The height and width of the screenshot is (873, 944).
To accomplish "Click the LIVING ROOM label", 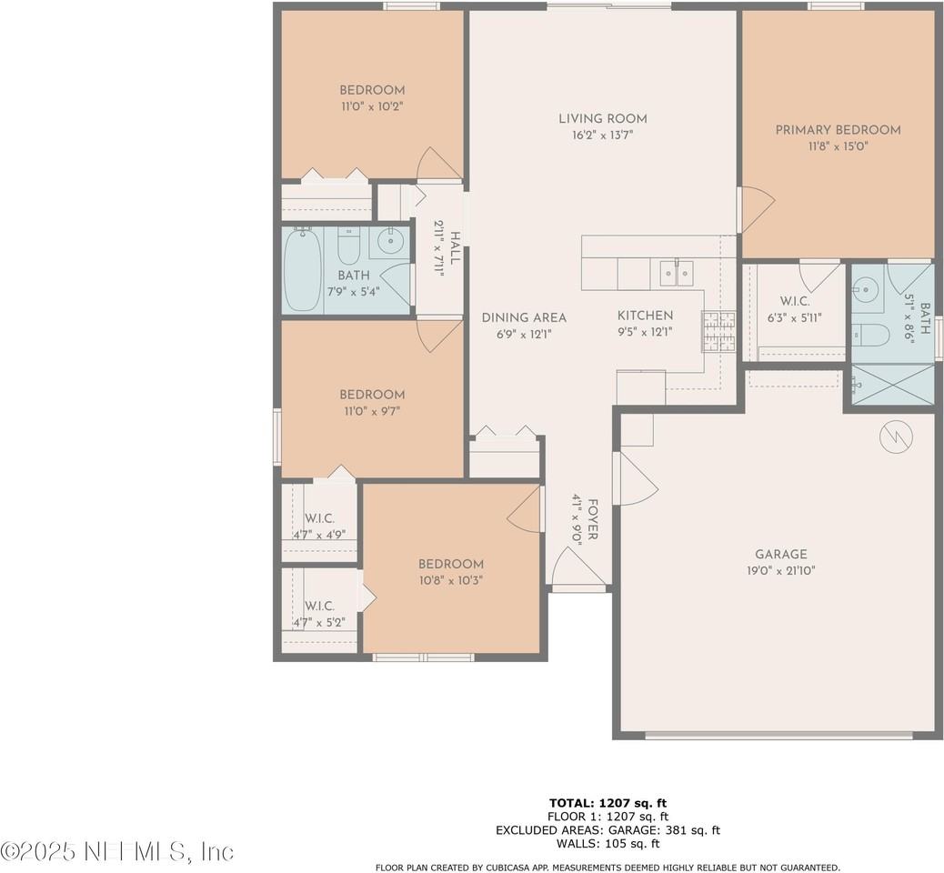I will click(x=602, y=118).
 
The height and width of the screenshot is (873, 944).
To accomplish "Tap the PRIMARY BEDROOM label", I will click(x=838, y=130).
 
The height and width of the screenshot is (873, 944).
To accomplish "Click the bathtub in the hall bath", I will click(x=302, y=269).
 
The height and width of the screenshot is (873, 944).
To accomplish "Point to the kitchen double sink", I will click(x=676, y=271).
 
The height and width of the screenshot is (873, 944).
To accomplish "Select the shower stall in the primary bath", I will click(x=892, y=386).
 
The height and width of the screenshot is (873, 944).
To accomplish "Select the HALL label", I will click(x=454, y=247).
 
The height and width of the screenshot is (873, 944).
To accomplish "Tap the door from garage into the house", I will click(x=635, y=479).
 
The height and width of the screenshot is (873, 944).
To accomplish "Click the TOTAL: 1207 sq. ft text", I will click(x=608, y=803).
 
